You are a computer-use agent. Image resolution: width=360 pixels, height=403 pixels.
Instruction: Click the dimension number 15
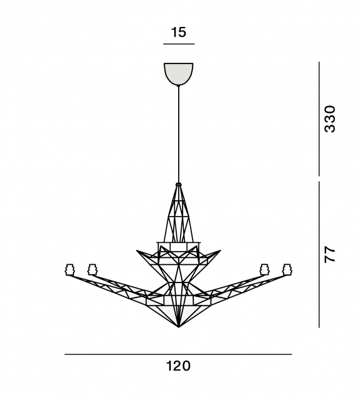[179, 32]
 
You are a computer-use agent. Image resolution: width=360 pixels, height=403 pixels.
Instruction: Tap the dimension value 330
[330, 119]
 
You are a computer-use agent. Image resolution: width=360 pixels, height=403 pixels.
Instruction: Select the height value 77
[330, 254]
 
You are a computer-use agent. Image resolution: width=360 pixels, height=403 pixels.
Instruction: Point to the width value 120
[178, 366]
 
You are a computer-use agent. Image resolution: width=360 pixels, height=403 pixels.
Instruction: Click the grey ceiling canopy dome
[179, 74]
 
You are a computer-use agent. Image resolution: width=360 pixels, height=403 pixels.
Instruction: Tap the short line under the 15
[179, 44]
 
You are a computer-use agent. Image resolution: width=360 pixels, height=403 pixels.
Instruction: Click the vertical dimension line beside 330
[319, 119]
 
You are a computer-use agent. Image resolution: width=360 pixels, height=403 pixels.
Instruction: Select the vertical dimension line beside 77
[319, 254]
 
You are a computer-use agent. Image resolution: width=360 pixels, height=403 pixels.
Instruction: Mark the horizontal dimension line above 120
[178, 355]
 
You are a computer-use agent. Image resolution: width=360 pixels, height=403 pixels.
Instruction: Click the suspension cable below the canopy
[179, 134]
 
